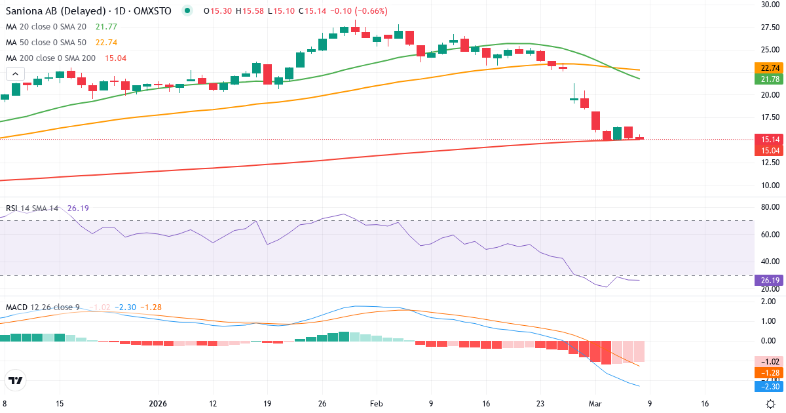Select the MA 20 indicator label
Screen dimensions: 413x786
point(46,26)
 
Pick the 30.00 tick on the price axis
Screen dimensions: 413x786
point(770,5)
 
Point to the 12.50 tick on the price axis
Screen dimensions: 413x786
point(770,162)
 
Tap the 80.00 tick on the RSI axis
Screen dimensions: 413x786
point(770,208)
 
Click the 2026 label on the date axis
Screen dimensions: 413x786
point(159,404)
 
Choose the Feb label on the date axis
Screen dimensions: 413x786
point(376,404)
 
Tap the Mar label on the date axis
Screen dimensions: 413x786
point(595,404)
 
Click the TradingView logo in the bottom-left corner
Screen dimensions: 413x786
point(16,380)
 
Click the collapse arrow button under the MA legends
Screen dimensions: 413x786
point(15,74)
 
